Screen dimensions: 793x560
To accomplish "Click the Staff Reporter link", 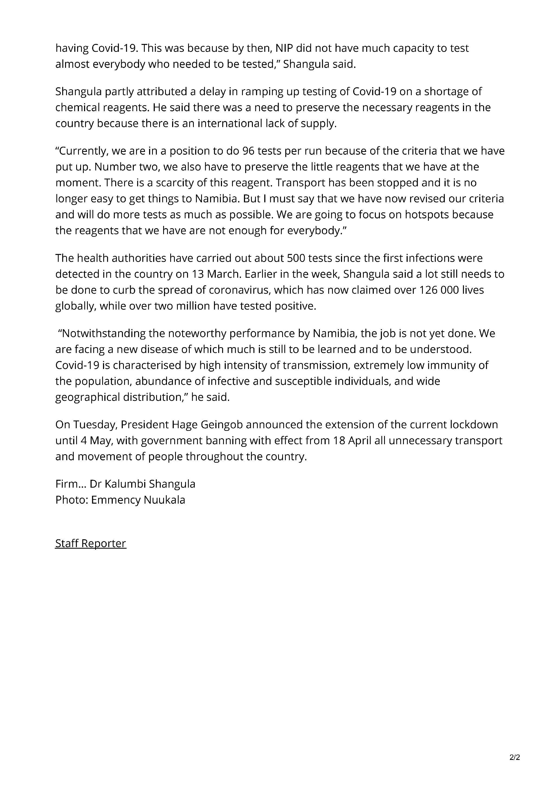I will click(x=91, y=543).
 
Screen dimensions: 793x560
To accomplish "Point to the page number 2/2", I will click(x=514, y=756).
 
